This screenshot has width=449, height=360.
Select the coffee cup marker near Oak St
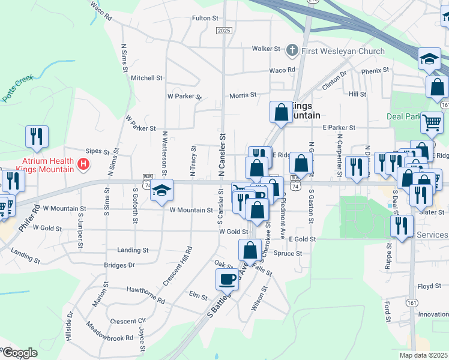pos(228,279)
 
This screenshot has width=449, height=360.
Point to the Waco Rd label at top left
pos(101,11)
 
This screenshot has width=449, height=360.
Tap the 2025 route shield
pos(224,31)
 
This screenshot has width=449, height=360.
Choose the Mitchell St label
pos(147,78)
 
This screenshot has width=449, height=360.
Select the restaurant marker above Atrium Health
pos(38,137)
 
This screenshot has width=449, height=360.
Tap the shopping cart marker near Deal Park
pos(432,122)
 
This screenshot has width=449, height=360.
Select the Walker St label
pos(266,49)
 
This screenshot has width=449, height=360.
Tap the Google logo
pos(19,353)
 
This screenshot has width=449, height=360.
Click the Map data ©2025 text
pos(423,355)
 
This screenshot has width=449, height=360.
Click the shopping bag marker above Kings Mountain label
pos(281,112)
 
